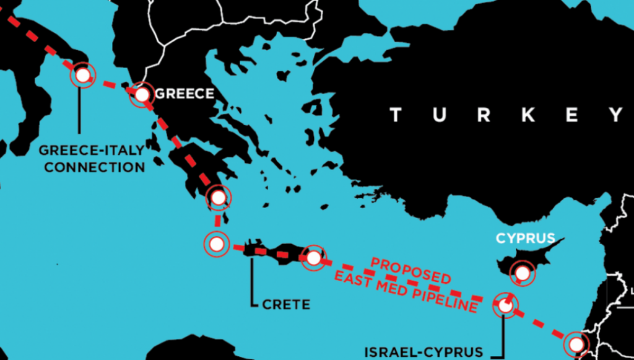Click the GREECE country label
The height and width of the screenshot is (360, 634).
(185, 94)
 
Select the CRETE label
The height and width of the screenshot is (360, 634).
(285, 304)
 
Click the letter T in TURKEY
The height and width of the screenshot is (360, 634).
(396, 115)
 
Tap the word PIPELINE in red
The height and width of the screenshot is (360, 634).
(442, 298)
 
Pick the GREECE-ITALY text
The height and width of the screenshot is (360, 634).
(92, 150)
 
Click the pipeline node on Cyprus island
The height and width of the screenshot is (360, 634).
(523, 272)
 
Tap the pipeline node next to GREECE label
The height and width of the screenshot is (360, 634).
(142, 95)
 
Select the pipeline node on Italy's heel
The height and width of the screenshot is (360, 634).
(82, 76)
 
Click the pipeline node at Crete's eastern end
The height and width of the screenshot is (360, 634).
(314, 257)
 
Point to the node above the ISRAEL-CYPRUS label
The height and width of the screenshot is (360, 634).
(505, 305)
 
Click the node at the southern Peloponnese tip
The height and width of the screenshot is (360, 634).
(218, 198)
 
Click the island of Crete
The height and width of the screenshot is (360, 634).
(279, 252)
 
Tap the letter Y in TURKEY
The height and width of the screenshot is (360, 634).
(615, 115)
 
